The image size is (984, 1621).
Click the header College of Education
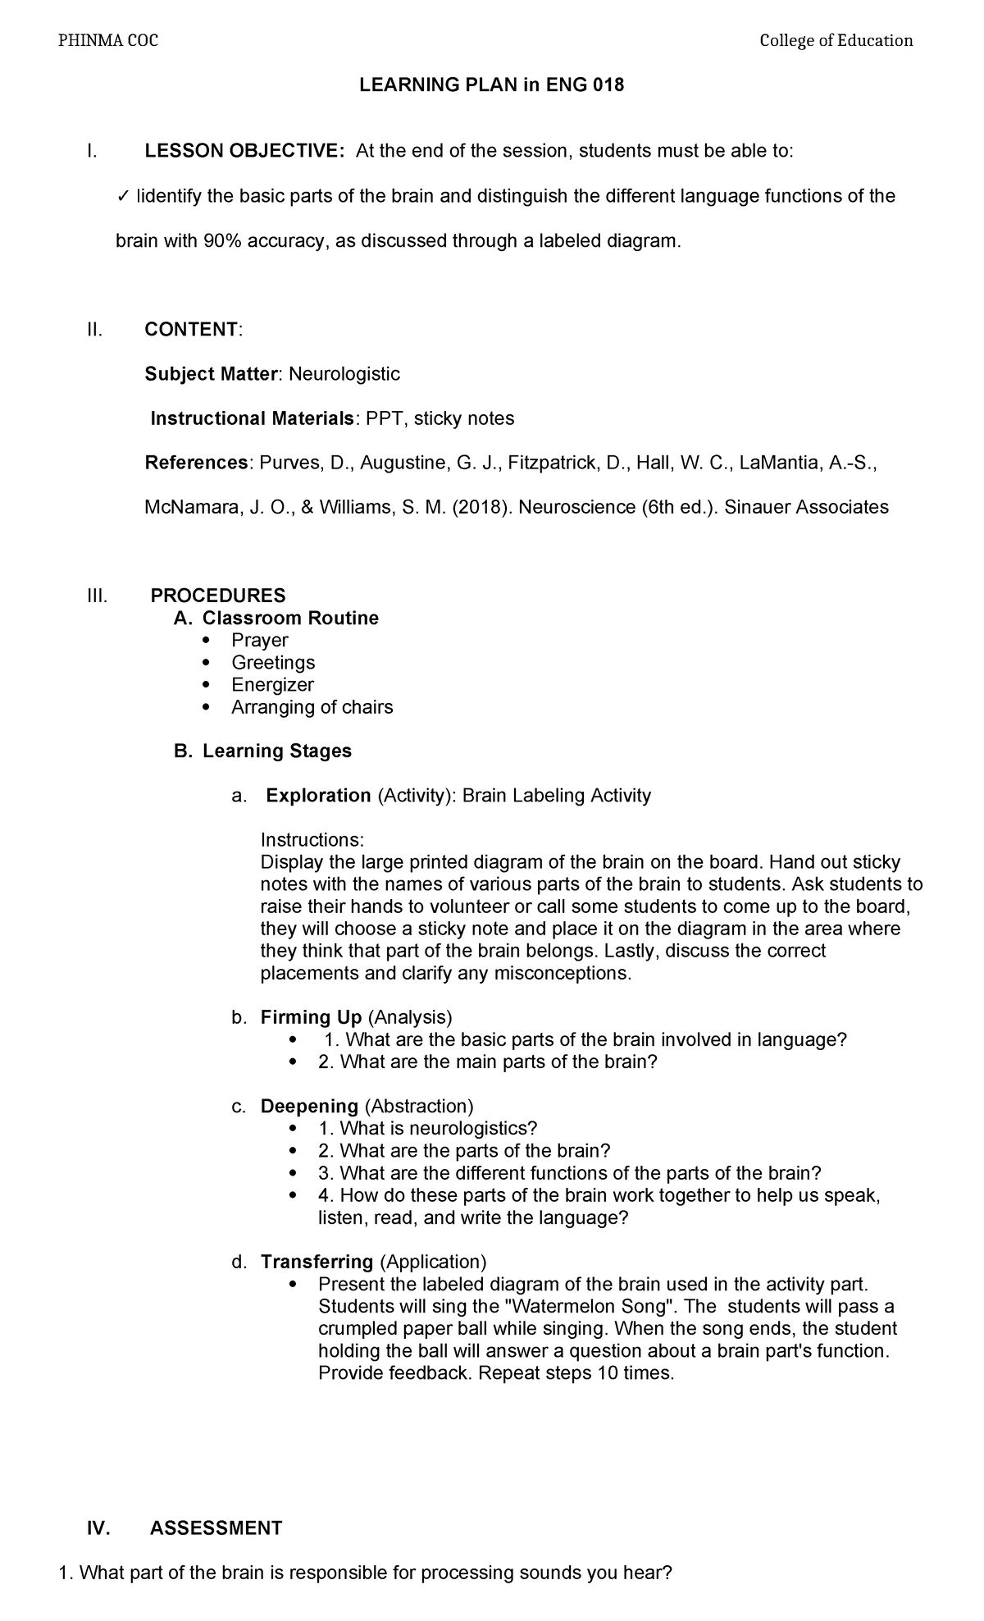coord(836,41)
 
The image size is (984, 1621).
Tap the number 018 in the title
coord(607,85)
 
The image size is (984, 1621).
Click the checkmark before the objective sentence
coord(122,196)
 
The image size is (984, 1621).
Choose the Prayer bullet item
coord(259,640)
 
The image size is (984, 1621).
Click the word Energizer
coord(272,684)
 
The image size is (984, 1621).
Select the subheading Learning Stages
coord(277,751)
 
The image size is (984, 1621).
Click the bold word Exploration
coord(318,796)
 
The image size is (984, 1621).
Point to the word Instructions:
coord(312,840)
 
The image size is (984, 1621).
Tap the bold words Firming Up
coord(311,1018)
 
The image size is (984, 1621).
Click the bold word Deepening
coord(309,1107)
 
